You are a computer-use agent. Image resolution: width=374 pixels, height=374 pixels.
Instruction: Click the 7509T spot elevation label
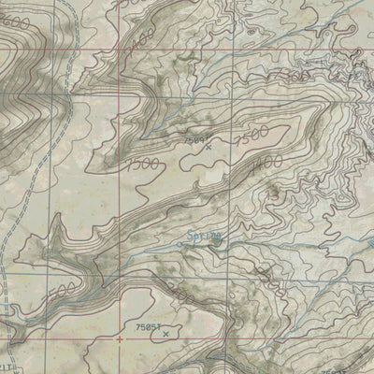(x=194, y=137)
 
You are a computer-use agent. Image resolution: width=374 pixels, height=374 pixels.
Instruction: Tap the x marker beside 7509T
(x=208, y=147)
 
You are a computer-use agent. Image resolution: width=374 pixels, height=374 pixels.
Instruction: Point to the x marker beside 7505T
(x=165, y=333)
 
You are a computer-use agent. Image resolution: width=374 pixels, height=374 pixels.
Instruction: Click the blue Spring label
(x=203, y=237)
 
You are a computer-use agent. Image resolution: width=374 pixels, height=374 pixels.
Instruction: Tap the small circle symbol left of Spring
(x=181, y=244)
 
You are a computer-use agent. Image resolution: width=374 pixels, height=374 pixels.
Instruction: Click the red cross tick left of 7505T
(x=120, y=338)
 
